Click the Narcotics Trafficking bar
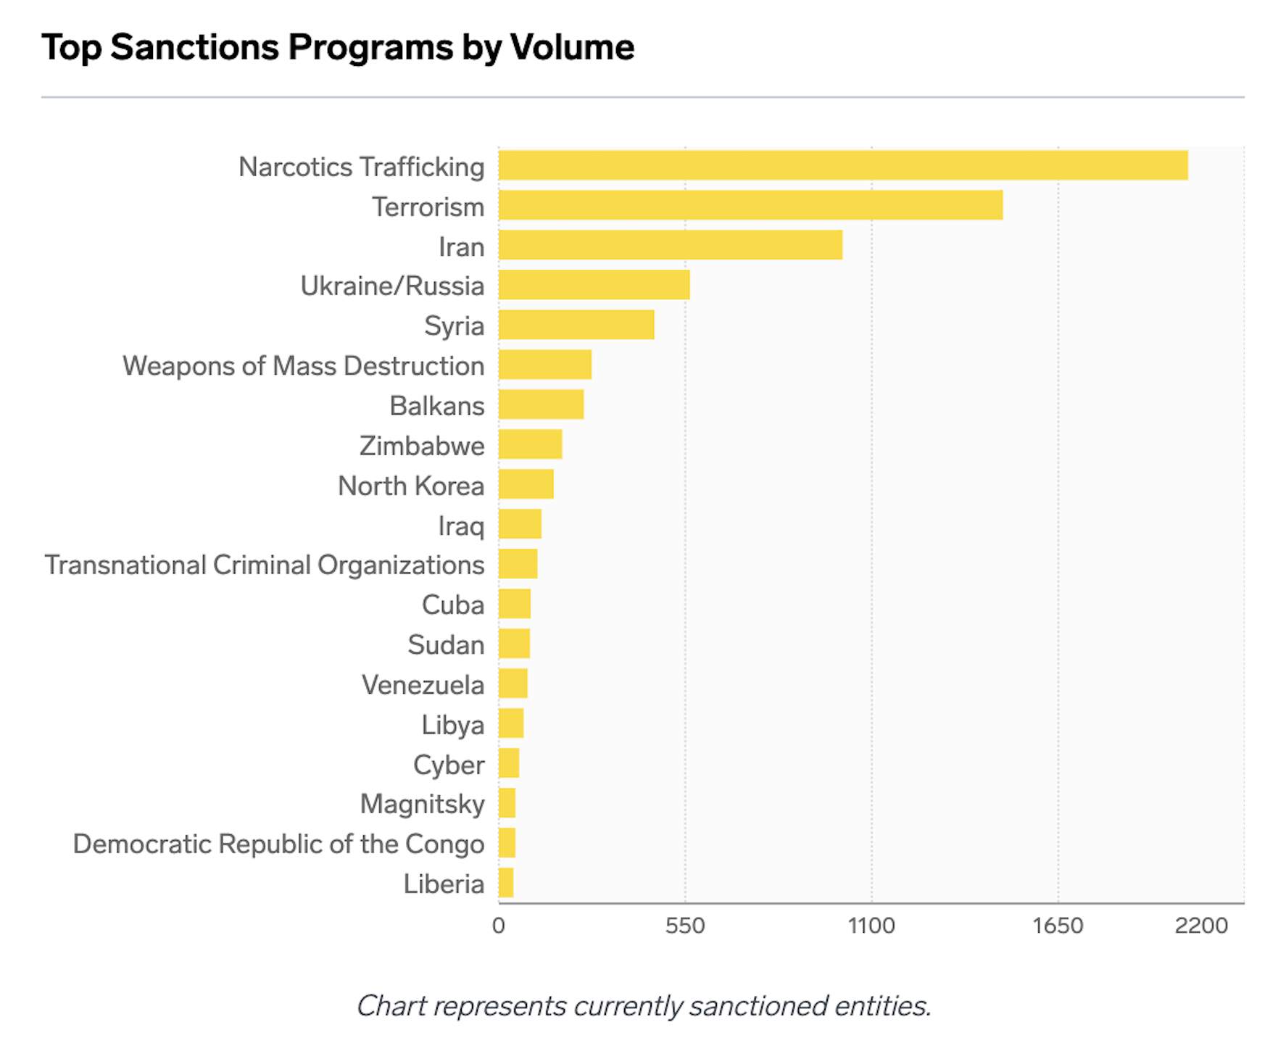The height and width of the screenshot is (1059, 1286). pos(842,165)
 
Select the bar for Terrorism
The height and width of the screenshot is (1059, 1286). pos(750,205)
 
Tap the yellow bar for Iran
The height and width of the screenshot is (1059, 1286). pos(670,245)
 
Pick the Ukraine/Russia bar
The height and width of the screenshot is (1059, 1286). pos(594,285)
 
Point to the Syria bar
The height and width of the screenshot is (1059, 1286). pos(576,325)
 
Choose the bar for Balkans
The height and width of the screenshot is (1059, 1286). pos(541,404)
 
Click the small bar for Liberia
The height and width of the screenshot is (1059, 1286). pos(506,883)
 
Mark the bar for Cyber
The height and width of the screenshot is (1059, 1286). pos(509,763)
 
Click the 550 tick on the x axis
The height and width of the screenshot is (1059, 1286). pos(685,926)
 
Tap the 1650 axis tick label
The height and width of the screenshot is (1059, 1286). pos(1058,926)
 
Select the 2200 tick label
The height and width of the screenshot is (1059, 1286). pos(1201,926)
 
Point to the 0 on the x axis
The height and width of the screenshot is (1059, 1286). pos(499,926)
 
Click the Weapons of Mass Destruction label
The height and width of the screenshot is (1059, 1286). pos(303,366)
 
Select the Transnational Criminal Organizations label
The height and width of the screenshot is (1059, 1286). pos(265,565)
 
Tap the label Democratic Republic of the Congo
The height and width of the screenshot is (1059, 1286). pos(278,844)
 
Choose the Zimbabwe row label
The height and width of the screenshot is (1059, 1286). pos(422,446)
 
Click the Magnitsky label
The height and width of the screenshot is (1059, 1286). pos(422,805)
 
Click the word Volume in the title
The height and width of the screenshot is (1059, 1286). pos(572,48)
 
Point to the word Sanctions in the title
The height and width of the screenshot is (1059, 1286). pos(194,48)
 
